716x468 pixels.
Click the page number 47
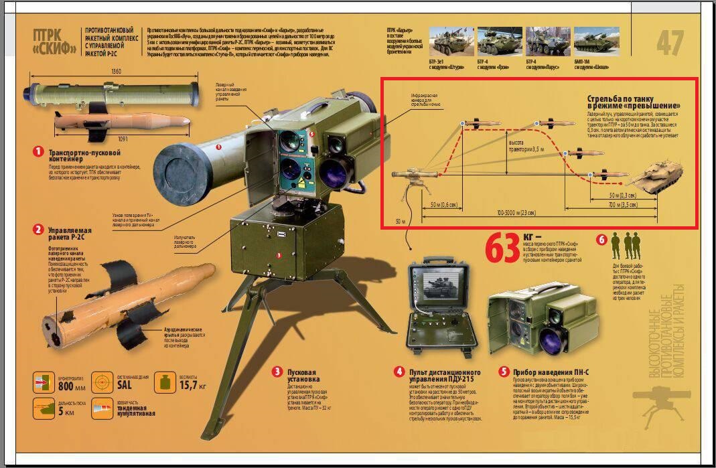point(670,44)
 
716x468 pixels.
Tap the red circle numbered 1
point(39,151)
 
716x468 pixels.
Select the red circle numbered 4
point(399,372)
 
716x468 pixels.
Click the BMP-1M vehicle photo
point(596,41)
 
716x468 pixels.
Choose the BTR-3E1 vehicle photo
point(451,41)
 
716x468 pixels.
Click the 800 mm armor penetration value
point(71,386)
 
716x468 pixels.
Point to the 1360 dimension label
point(97,72)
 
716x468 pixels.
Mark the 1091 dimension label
point(104,139)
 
